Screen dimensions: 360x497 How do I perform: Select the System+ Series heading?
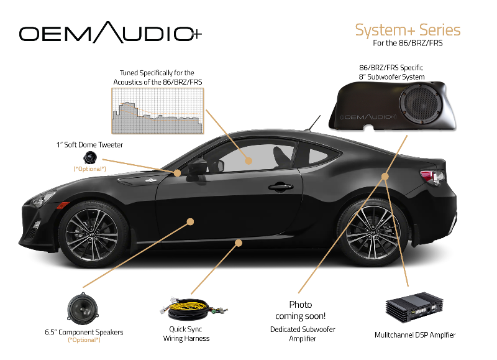click(408, 30)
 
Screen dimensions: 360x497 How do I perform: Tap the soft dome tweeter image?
click(91, 157)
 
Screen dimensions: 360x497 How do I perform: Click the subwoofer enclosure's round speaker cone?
click(426, 106)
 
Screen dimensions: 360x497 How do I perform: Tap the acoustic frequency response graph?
click(157, 111)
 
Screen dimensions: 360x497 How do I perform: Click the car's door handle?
click(280, 186)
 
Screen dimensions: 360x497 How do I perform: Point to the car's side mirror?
click(197, 165)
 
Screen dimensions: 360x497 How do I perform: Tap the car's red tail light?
click(434, 173)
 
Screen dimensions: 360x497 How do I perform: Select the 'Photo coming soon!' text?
click(301, 310)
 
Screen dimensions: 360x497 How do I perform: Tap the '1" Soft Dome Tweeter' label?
click(89, 145)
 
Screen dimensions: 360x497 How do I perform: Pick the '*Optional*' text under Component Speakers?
click(83, 341)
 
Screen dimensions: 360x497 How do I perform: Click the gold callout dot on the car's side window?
click(248, 160)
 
